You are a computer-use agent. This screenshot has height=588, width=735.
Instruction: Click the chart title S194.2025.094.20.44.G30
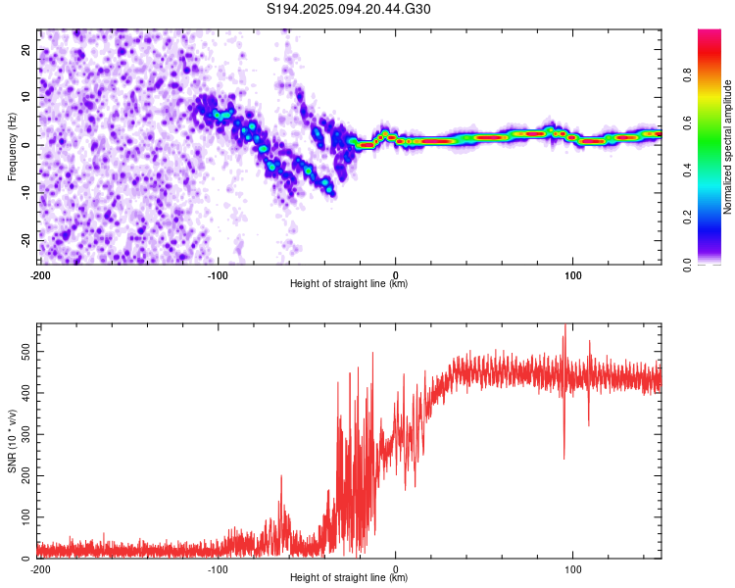pos(348,9)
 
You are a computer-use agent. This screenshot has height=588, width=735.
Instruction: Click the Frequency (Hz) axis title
pos(12,146)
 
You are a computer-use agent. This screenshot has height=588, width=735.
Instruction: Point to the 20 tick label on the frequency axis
pos(26,50)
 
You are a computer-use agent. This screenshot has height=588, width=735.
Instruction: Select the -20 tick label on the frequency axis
pos(26,239)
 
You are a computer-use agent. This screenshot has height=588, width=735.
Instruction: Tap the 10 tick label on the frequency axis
pos(26,97)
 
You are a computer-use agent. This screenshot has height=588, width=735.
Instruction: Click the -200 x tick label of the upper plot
pos(39,275)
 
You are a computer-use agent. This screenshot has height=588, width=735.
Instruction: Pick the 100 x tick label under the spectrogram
pos(572,275)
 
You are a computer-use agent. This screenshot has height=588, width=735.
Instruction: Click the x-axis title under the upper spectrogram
pos(348,283)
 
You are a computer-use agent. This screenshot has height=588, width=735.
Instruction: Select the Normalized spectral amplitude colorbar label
pos(727,147)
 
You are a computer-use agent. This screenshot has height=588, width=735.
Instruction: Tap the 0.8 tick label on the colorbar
pos(687,74)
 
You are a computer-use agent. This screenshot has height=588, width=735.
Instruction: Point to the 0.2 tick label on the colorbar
pos(687,218)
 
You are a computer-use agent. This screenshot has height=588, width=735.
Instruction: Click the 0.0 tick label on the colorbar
pos(687,265)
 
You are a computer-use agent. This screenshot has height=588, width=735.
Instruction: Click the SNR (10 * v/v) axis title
pos(12,441)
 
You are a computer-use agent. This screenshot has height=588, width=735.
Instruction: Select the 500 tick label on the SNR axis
pos(26,352)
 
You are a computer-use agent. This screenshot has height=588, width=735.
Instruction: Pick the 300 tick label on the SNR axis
pos(26,434)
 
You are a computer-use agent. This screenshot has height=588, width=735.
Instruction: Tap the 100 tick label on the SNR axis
pos(26,516)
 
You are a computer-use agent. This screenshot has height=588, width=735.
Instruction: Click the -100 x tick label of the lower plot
pos(217,569)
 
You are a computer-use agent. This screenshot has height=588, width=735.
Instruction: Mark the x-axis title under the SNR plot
pos(348,577)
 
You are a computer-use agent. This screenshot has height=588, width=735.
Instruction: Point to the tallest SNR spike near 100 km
pos(564,325)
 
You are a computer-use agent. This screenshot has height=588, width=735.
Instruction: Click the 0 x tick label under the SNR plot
pos(395,569)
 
